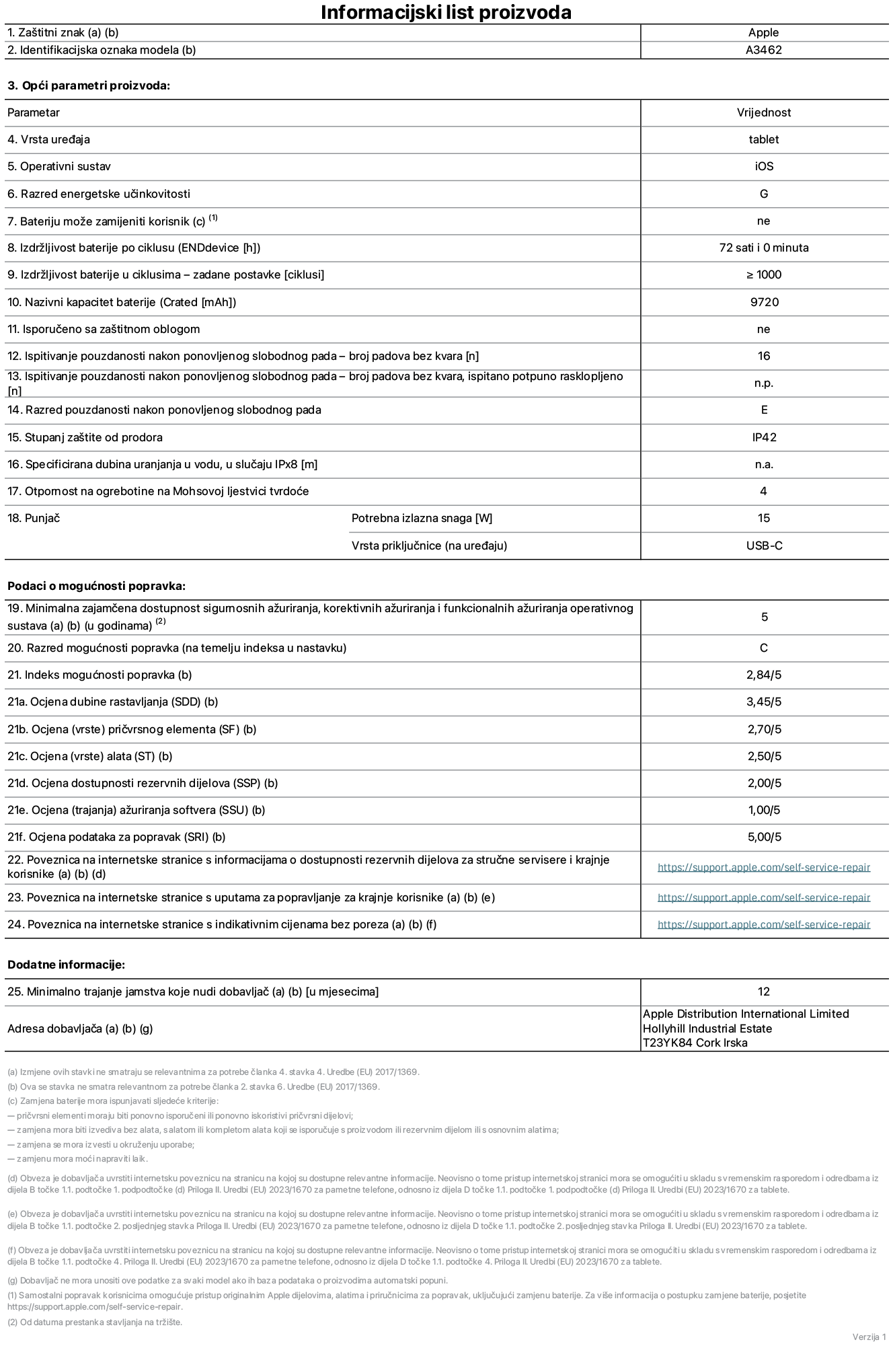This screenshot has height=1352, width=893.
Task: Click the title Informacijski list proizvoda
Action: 446,12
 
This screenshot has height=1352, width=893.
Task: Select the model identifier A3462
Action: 763,50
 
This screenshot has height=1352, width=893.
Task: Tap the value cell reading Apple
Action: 763,32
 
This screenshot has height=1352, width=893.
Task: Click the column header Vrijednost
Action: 763,112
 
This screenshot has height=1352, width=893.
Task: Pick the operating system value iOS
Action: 763,166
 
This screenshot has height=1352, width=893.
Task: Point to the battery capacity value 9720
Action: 764,302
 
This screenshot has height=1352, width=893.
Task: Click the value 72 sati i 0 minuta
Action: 763,248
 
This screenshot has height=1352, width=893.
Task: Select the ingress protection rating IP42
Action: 764,437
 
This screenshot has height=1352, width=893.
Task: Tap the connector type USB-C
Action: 764,546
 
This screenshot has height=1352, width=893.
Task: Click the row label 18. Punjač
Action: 34,518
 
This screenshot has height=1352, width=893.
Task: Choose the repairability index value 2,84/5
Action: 764,675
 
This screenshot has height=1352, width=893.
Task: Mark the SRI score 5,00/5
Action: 764,837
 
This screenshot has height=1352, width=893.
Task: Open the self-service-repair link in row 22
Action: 763,867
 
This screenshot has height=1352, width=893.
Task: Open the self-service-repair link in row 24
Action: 763,924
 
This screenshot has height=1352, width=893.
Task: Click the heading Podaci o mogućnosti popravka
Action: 96,586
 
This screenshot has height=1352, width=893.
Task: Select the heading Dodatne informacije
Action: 66,965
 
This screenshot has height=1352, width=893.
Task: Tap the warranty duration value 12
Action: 763,991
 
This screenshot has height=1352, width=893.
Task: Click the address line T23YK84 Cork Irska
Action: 695,1043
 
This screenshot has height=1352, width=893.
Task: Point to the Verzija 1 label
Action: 869,1336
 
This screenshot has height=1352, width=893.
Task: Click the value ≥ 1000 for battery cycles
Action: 763,274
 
